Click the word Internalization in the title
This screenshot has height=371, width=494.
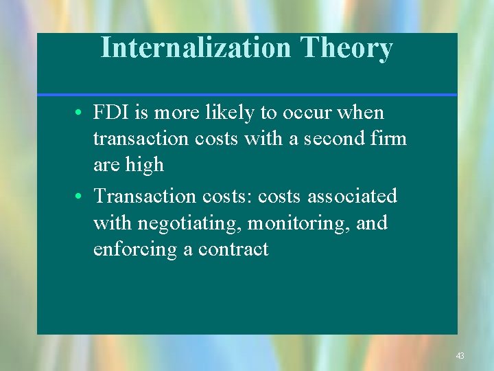[x=196, y=48]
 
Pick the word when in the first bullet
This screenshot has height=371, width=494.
[x=361, y=113]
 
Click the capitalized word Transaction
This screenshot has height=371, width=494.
[x=145, y=196]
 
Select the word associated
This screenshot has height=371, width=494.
[x=352, y=196]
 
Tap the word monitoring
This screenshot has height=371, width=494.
[x=298, y=223]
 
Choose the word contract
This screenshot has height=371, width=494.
[x=233, y=249]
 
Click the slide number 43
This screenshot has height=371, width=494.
[x=460, y=356]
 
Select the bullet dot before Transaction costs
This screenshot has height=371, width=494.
[x=81, y=197]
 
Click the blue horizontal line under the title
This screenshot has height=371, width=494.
[x=247, y=94]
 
